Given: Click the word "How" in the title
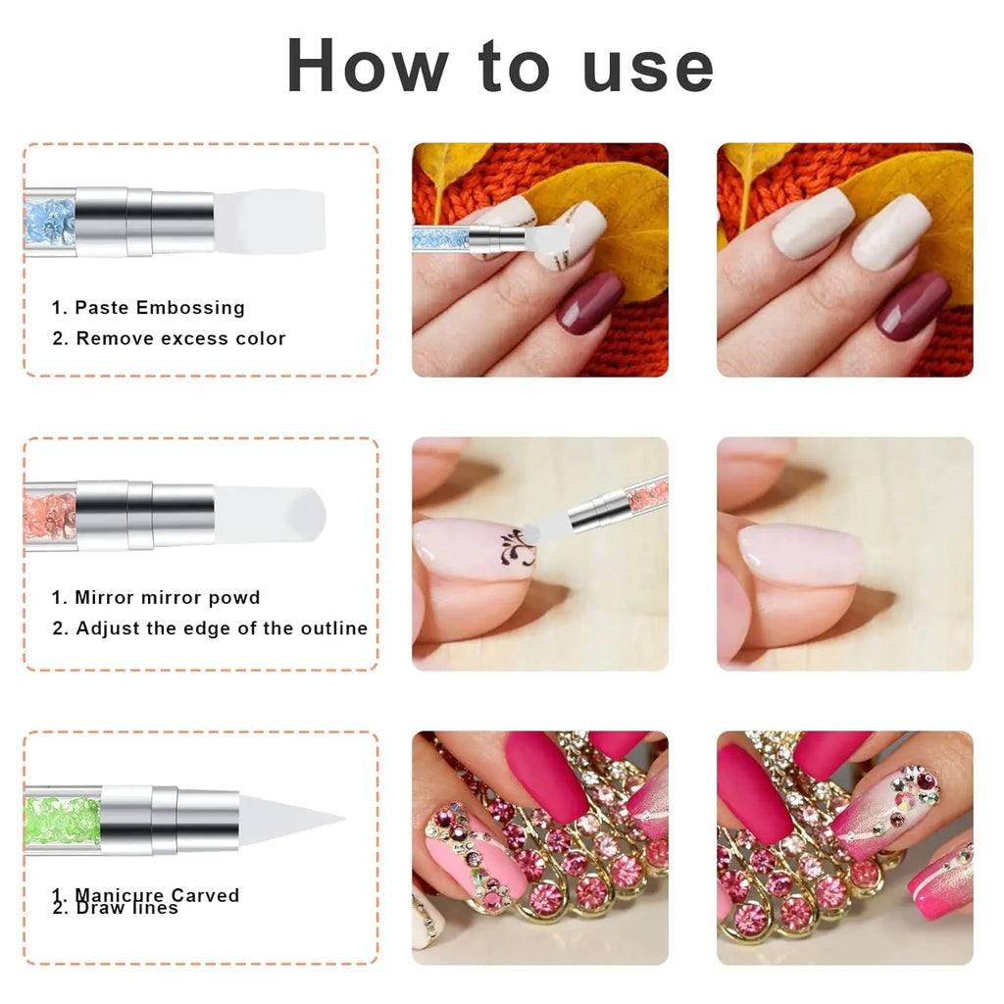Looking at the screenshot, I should pos(369,66).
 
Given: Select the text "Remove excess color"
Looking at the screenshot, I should pos(180,338).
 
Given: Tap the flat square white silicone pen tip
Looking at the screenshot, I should pos(269,221).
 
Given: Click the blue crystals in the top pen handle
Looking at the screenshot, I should pos(49,222).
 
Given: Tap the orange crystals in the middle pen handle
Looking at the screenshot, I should pos(49,515).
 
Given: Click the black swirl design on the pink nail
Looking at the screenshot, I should pos(516,545).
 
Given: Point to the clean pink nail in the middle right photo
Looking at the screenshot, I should pos(800,554).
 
